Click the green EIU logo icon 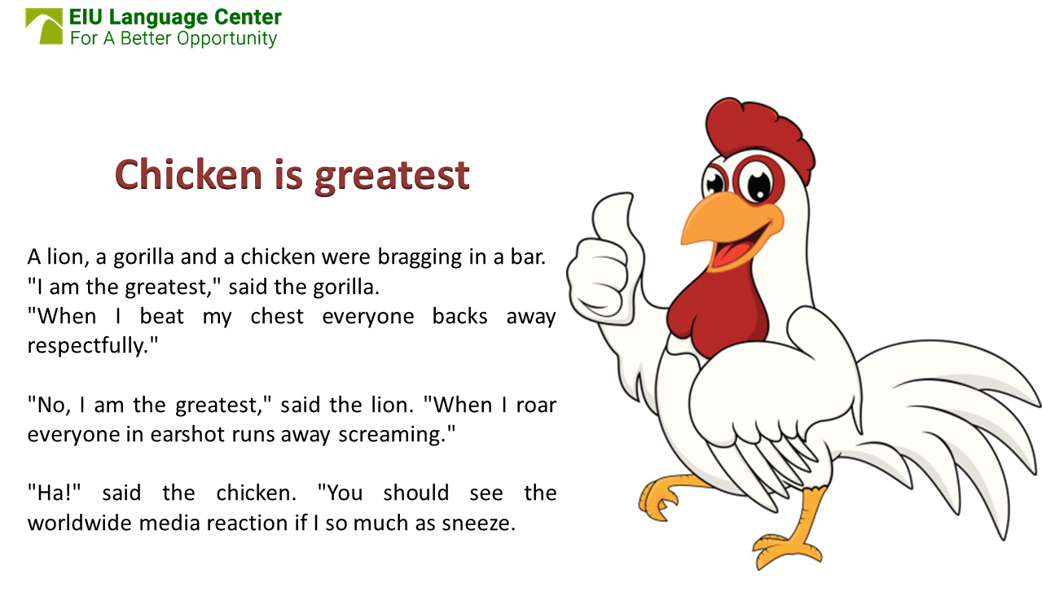coord(44,26)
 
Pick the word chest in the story coord(277,316)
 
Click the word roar coord(536,404)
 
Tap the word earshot coord(182,433)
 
